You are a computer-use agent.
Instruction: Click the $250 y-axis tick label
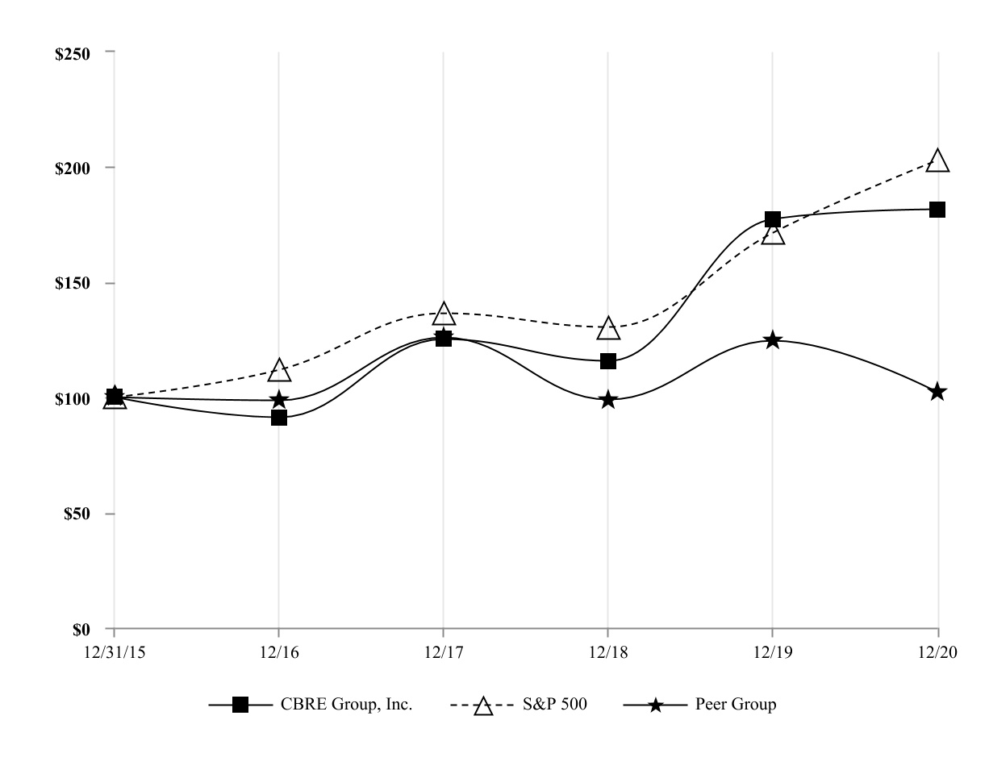80,52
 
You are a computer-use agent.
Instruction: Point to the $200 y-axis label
80,168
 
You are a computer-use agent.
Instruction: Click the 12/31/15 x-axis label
113,653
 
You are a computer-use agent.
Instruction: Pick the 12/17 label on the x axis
443,653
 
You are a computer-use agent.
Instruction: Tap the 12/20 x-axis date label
937,653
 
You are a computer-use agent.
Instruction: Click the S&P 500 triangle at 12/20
937,161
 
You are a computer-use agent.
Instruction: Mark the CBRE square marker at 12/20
937,210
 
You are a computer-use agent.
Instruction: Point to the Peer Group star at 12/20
937,392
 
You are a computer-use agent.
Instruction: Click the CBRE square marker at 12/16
279,417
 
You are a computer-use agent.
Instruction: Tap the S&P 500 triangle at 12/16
279,371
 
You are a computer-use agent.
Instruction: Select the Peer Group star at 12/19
773,340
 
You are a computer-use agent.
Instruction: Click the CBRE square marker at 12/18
608,360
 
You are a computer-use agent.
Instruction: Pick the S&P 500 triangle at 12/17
444,314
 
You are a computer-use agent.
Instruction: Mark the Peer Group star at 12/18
608,400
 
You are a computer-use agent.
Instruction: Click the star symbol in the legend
656,705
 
